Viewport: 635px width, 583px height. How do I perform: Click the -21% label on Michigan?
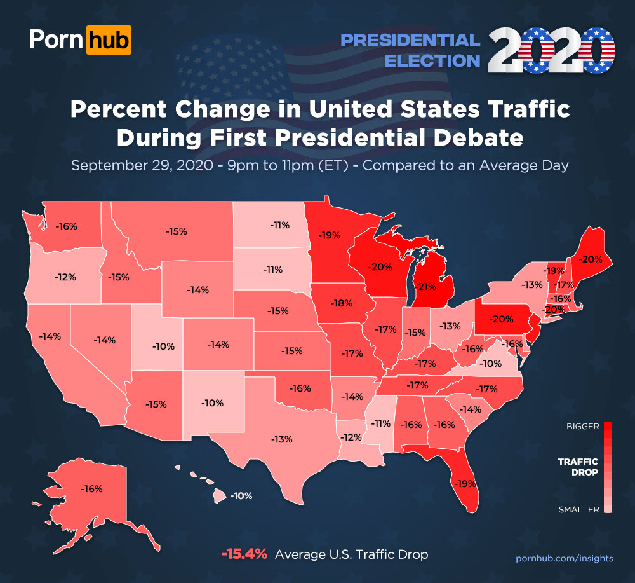[x=426, y=286]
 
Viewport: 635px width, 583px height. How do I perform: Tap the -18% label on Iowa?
[x=342, y=303]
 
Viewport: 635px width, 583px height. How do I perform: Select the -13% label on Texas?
[x=281, y=439]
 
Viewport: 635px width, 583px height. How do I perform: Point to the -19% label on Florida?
[x=465, y=483]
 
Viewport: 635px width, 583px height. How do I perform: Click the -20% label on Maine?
[x=591, y=259]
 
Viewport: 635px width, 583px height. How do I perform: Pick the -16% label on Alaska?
[x=92, y=488]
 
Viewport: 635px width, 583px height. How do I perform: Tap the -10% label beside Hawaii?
[x=241, y=495]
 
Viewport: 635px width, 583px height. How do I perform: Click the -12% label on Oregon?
[x=65, y=277]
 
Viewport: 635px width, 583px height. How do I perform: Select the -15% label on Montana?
[x=176, y=231]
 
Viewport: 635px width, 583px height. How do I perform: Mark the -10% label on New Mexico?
[x=212, y=403]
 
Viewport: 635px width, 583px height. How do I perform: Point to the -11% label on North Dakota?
[x=279, y=224]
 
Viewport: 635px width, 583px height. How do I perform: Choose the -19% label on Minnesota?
[x=330, y=235]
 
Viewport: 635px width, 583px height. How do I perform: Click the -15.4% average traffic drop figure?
[x=244, y=554]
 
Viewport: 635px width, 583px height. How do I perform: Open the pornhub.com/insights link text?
[x=564, y=558]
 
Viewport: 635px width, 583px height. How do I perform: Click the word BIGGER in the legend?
[x=582, y=427]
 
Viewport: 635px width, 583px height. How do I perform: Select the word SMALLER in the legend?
[x=578, y=509]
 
